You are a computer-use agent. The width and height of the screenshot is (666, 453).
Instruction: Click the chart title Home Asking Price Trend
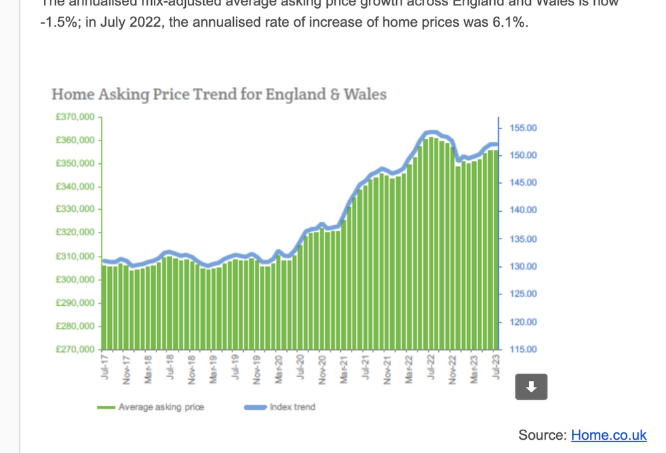219,94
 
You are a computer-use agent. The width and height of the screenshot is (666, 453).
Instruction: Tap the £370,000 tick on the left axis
76,117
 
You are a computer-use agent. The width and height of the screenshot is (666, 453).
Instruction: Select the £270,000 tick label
76,350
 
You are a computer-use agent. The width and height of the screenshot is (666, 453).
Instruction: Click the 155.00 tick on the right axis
523,128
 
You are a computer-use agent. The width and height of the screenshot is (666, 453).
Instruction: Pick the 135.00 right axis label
523,239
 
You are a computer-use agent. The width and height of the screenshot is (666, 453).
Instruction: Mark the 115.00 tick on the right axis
523,350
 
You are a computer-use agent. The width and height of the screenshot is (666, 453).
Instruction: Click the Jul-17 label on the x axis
105,368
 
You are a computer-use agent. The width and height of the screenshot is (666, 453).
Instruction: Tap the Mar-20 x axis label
279,368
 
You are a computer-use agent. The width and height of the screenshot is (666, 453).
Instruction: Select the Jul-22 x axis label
431,368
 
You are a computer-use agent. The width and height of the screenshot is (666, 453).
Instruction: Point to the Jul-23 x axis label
496,368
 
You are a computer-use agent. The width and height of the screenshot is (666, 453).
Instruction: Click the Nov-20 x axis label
322,368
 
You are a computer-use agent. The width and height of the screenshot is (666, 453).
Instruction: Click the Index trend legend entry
292,407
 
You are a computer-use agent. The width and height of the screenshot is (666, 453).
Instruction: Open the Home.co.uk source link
608,435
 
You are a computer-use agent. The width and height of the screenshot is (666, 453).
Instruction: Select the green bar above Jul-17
105,307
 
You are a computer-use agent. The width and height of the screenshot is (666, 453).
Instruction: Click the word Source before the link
541,435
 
